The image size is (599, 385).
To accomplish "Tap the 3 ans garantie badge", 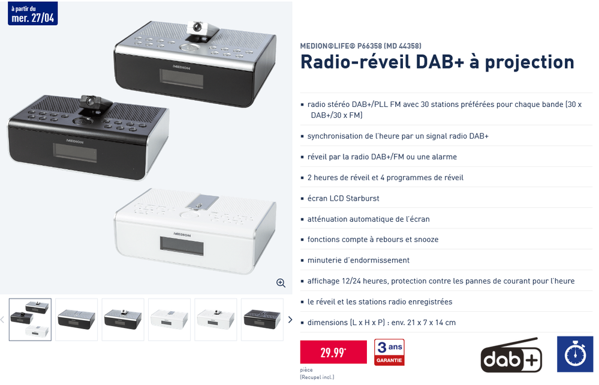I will (389, 352).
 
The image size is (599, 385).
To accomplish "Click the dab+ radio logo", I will (511, 356).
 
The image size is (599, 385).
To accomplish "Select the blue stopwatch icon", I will (575, 354).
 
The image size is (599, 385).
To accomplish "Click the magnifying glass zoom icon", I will (280, 282).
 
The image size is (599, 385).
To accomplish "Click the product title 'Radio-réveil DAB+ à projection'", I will (437, 62).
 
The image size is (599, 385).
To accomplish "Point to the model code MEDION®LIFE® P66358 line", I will (360, 45).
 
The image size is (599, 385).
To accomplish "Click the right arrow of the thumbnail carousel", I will (290, 320).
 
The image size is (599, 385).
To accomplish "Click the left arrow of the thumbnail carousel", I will (3, 320).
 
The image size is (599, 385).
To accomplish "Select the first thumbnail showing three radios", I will (30, 320).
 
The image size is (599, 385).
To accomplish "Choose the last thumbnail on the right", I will (262, 320).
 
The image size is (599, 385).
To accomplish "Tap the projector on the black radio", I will (91, 103).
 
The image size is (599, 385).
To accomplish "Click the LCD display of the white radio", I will (181, 244).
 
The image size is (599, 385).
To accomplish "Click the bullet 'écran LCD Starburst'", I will (343, 198).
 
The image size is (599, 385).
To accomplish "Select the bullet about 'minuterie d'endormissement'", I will (358, 260).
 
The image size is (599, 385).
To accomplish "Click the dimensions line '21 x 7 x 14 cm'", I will (381, 323).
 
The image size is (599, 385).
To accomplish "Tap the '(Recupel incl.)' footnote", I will (317, 377).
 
